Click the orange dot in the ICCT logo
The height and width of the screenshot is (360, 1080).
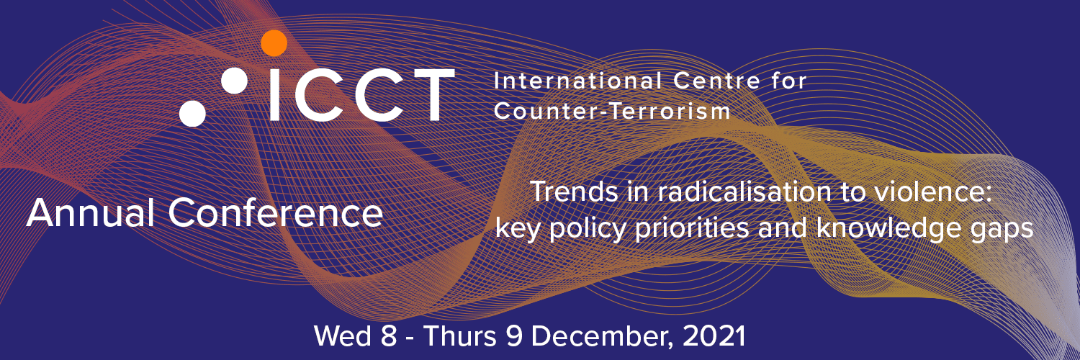point(274,43)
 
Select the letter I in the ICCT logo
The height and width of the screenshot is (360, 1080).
point(274,94)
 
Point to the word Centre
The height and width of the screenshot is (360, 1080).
point(717,81)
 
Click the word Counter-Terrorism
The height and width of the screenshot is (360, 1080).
point(612,112)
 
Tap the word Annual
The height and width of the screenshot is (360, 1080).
point(91,213)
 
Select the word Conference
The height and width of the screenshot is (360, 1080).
point(275,213)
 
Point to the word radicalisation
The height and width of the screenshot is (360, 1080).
point(744,192)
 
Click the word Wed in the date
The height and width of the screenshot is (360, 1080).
point(343,336)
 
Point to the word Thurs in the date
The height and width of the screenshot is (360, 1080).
point(460,336)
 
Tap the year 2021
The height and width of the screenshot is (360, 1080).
point(714,336)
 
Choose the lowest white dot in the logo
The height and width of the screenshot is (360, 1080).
point(192,113)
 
